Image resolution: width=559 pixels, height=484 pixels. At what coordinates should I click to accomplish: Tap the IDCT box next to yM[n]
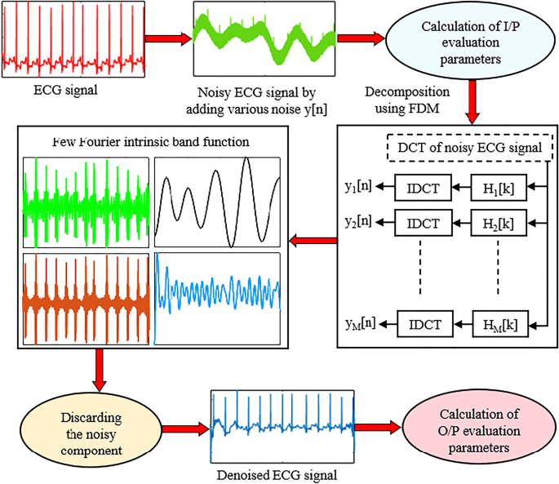point(420,323)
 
